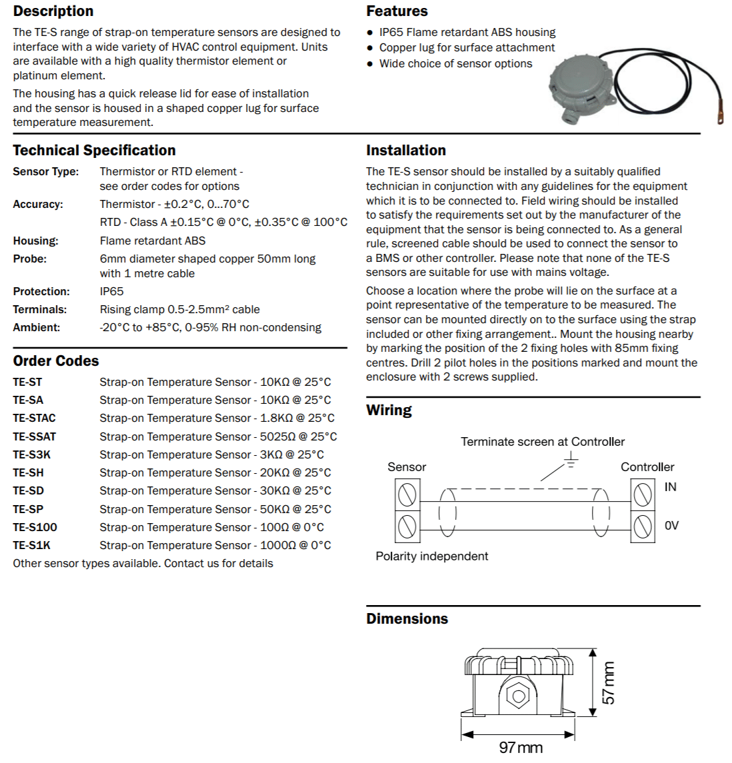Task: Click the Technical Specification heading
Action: click(x=94, y=151)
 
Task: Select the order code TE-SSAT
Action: click(x=35, y=436)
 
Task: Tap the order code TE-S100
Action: click(x=35, y=527)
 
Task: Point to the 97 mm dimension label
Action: click(x=521, y=747)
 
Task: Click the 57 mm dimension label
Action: click(x=609, y=682)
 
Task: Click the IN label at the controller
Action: click(x=670, y=487)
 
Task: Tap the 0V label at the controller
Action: click(x=671, y=526)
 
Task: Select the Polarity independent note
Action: click(x=432, y=556)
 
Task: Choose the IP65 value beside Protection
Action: click(x=112, y=291)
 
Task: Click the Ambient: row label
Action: click(x=37, y=327)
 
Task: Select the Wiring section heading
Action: click(x=389, y=410)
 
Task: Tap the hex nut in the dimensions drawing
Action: click(x=517, y=696)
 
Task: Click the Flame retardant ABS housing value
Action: click(x=153, y=241)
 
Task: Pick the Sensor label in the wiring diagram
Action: click(x=407, y=467)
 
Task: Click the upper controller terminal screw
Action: click(x=642, y=494)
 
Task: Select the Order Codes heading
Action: click(x=56, y=361)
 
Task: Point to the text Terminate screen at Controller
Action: click(x=543, y=442)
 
